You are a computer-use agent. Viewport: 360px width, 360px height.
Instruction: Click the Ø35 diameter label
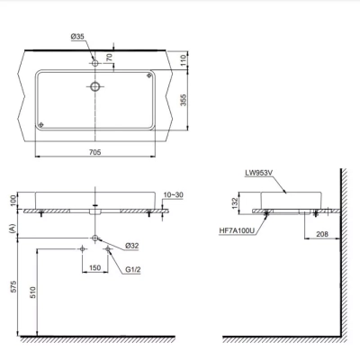(77, 39)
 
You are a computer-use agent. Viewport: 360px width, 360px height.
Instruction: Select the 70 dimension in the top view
(111, 57)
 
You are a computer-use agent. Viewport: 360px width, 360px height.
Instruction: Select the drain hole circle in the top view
(94, 87)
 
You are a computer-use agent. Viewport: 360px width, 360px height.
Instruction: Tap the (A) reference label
(13, 229)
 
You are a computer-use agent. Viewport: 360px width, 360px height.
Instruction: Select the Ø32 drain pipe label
(131, 245)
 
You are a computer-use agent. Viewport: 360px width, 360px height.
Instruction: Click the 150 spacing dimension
(94, 267)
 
